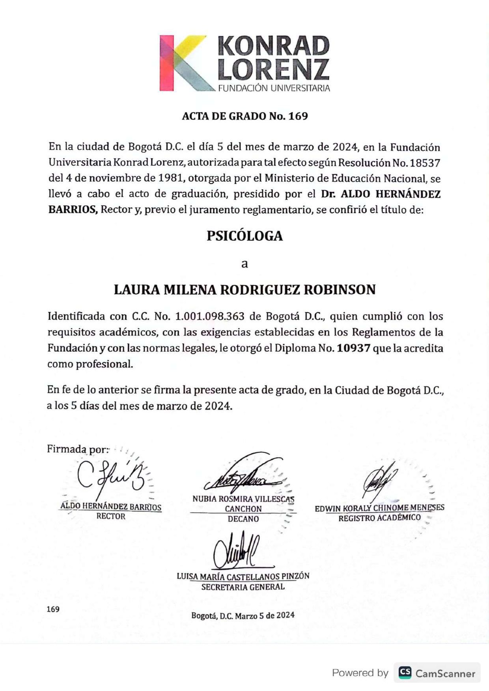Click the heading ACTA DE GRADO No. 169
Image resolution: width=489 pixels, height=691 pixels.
click(244, 116)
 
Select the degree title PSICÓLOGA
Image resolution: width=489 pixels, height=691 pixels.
click(244, 236)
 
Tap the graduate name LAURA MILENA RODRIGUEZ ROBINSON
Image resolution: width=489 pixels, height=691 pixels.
click(244, 290)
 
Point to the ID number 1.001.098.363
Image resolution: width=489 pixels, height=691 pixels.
click(209, 317)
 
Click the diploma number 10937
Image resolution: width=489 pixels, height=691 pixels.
click(353, 348)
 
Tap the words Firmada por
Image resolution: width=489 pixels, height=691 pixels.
click(77, 449)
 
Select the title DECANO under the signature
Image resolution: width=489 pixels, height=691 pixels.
click(243, 519)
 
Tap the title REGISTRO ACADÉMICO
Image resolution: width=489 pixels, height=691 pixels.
click(379, 517)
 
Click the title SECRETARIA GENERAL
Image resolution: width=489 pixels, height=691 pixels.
click(243, 587)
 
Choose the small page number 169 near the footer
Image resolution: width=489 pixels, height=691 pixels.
click(53, 609)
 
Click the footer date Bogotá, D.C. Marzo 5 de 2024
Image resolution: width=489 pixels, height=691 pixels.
click(243, 615)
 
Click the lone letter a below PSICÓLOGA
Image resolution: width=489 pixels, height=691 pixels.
click(244, 263)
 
